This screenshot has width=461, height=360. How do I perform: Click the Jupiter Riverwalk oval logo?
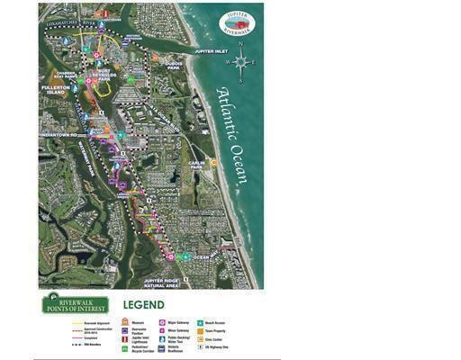pos(237,23)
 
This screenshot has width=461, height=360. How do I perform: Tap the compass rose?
pos(240,62)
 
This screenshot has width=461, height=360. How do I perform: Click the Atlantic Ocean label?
pos(231,135)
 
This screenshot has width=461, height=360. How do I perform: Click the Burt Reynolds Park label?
pos(106,76)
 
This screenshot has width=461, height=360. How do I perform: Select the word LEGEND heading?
pos(143,305)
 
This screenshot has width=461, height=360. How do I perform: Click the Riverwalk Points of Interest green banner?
pos(74,304)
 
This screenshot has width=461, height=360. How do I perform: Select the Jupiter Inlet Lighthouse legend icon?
pos(125,337)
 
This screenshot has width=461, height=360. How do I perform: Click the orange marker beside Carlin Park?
pos(214,163)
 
